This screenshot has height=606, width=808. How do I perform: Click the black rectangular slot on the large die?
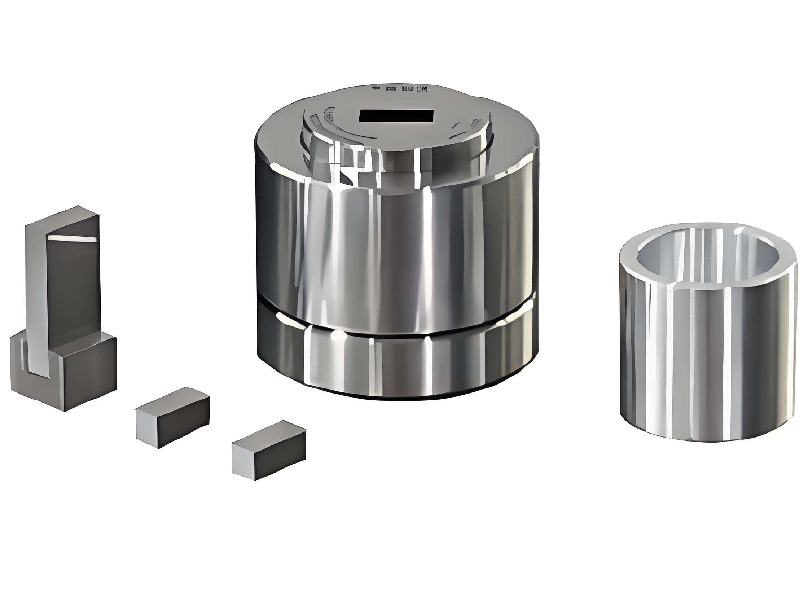[x=396, y=116]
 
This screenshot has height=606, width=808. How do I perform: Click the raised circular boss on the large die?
[x=396, y=146]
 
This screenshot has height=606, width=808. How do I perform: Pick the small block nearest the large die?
[x=269, y=450]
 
